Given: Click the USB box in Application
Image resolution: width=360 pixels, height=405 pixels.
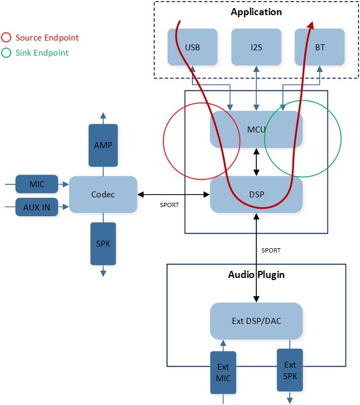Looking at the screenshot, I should (x=192, y=48).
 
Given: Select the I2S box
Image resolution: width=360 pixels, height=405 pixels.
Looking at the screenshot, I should (x=256, y=48).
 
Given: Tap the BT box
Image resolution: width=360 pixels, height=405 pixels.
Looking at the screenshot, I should (x=319, y=48).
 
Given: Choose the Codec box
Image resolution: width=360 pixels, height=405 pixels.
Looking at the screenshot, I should (x=103, y=194).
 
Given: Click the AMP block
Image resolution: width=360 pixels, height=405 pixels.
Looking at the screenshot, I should (x=103, y=145).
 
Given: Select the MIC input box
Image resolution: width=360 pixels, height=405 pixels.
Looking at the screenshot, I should (x=37, y=184).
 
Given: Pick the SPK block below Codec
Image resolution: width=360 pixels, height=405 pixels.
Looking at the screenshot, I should (x=103, y=243).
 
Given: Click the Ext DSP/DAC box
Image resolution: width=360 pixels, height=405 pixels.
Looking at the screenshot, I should (x=256, y=321).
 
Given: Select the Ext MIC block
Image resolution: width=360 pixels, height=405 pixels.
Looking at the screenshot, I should (x=223, y=373).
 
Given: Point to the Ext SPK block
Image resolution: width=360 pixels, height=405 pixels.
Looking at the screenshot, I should (x=290, y=369).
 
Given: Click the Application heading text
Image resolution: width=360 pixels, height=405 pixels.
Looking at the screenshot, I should (x=256, y=12).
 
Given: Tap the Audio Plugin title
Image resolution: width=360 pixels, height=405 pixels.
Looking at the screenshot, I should (x=256, y=275).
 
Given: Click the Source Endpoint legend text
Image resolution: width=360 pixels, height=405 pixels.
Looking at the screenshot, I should (x=47, y=38).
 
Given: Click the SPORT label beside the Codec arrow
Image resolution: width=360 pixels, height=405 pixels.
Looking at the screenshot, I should (x=170, y=205).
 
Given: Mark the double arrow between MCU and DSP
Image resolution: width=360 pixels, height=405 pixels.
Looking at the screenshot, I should (x=256, y=162).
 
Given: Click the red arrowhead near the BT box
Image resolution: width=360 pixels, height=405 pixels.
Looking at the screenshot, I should (x=311, y=25).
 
